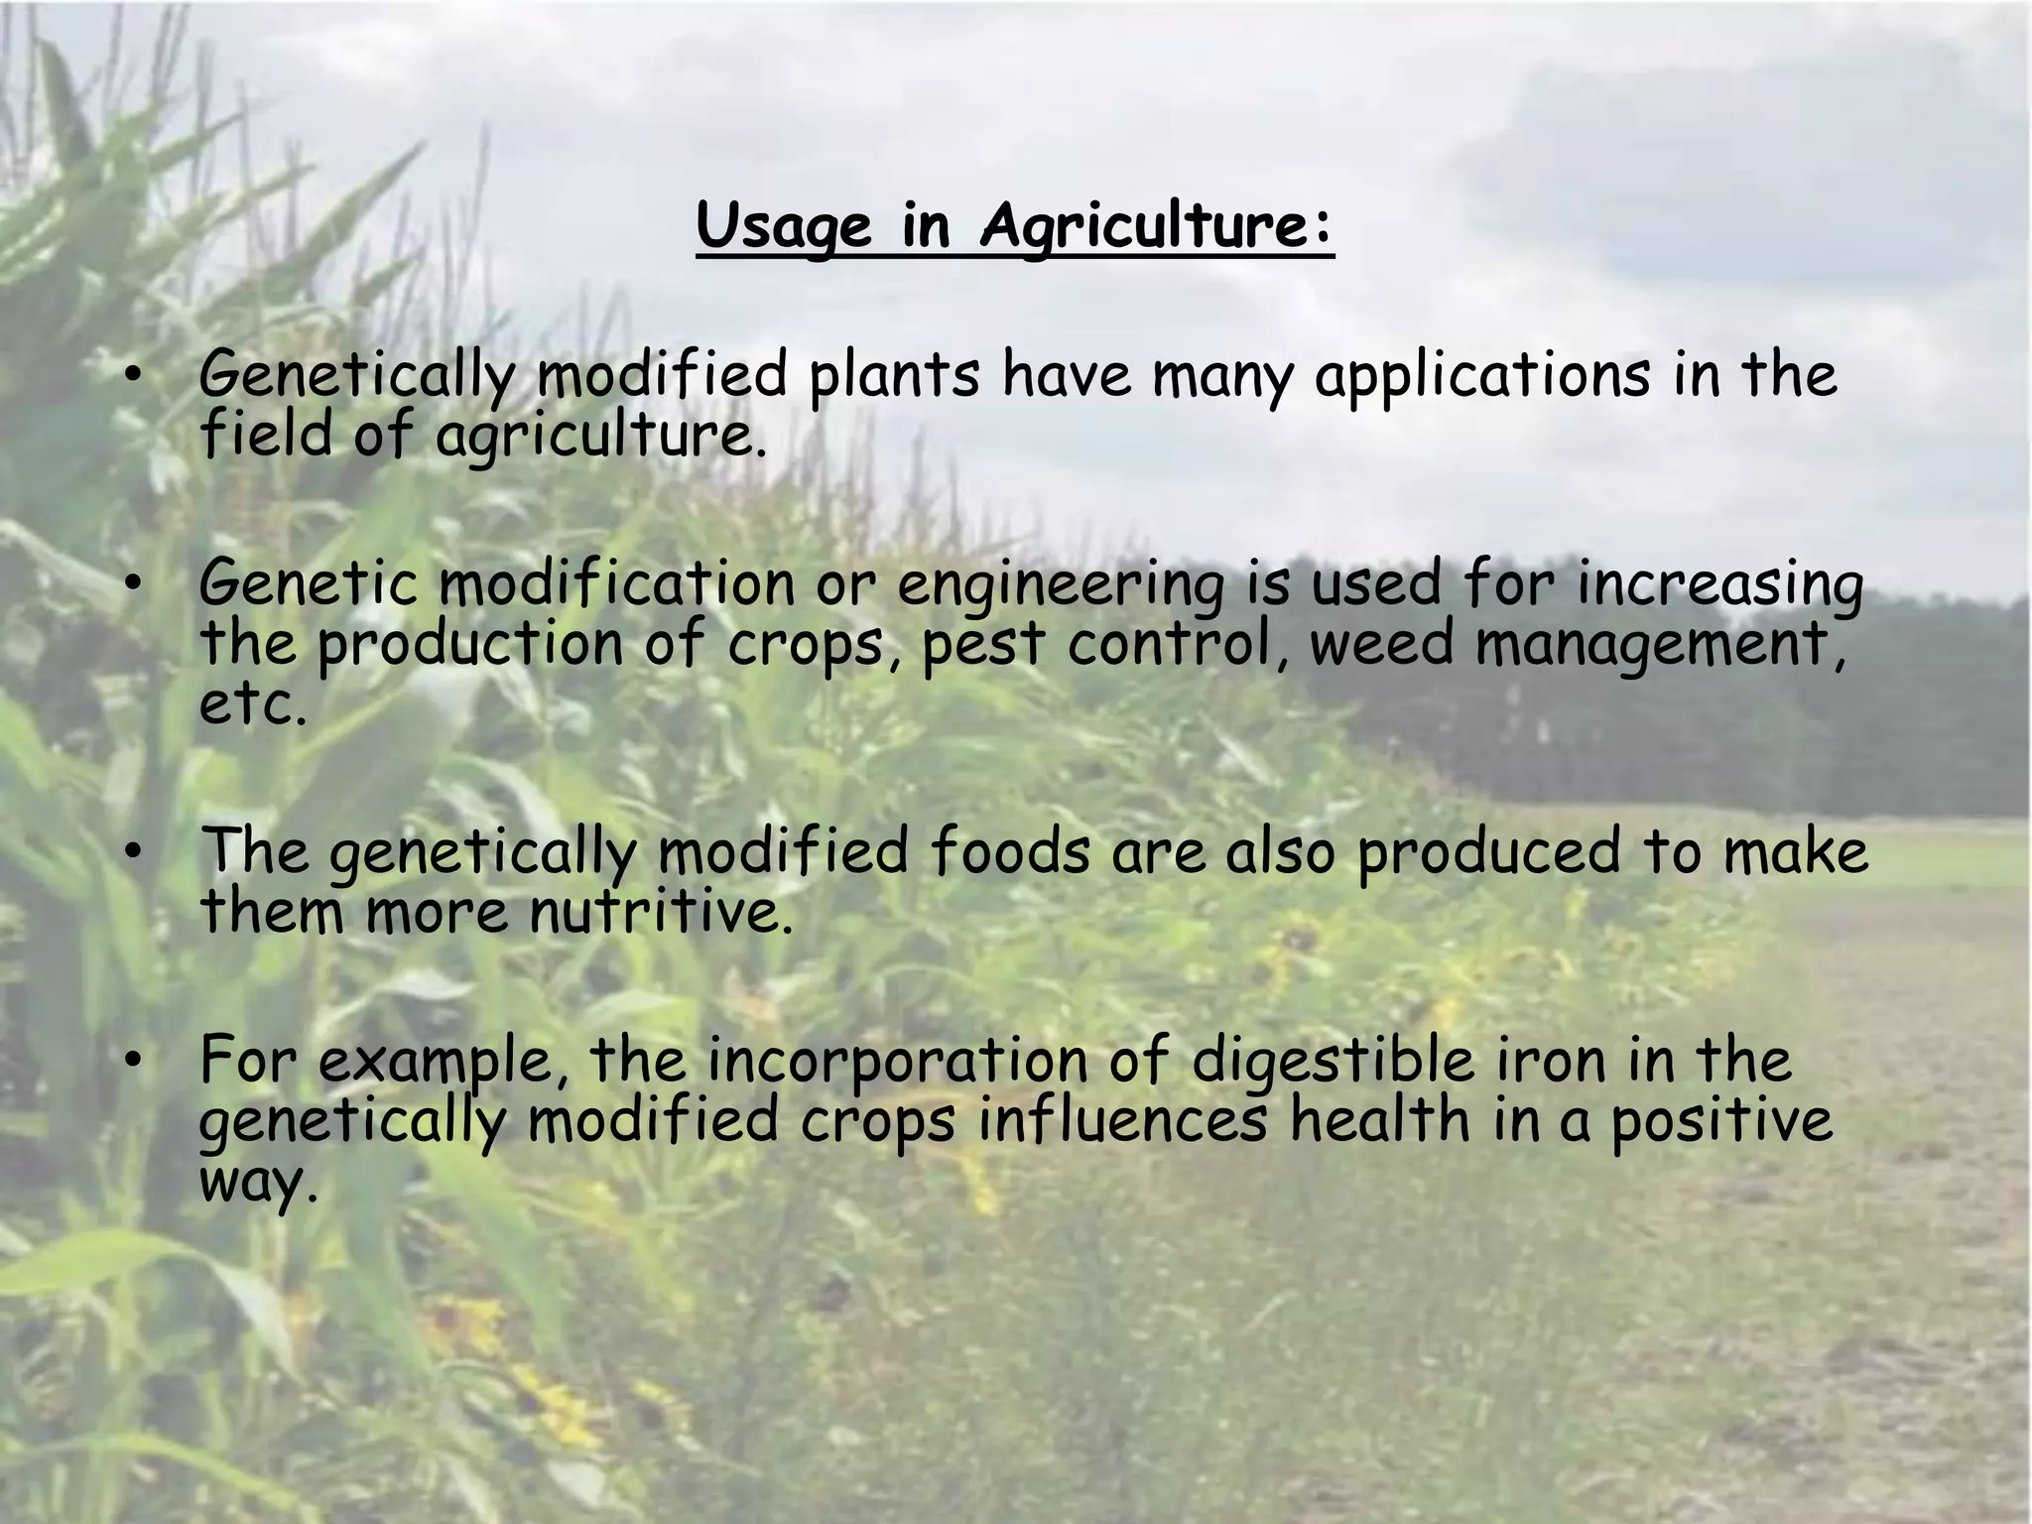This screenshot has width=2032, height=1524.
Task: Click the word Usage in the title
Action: [x=783, y=228]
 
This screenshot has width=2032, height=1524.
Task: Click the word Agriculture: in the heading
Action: [x=1156, y=228]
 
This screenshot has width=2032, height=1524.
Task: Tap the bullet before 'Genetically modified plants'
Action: [x=133, y=375]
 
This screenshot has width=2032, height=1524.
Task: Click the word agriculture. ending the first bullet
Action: [x=600, y=438]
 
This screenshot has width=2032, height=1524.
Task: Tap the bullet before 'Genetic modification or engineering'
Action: [x=133, y=584]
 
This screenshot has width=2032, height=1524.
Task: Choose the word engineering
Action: [x=1061, y=586]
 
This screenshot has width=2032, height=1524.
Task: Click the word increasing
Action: [x=1720, y=586]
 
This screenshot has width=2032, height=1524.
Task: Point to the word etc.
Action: [x=253, y=705]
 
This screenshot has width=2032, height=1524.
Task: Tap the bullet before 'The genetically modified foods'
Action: [x=133, y=852]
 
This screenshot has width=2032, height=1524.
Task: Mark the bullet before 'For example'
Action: [x=133, y=1061]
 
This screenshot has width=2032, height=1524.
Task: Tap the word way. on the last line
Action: [x=259, y=1184]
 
